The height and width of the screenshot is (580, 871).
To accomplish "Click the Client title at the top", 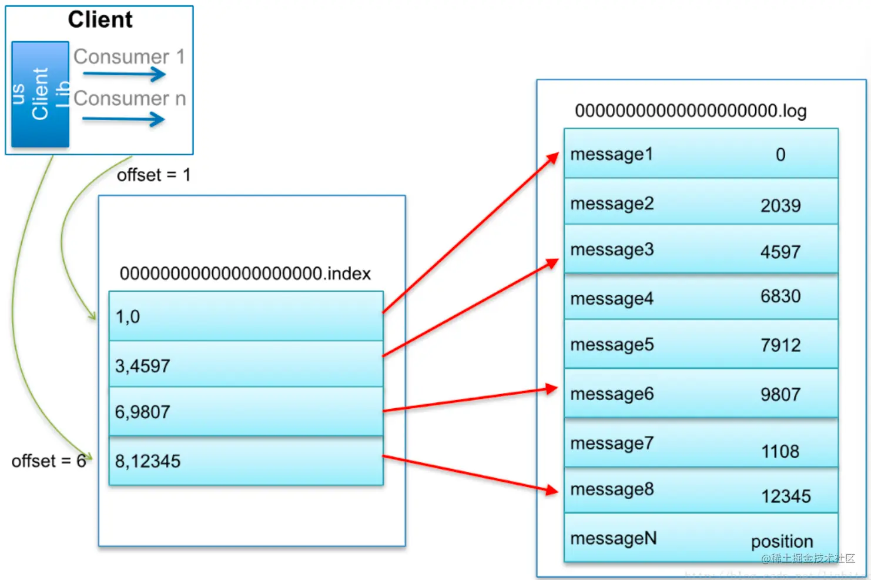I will [x=100, y=20].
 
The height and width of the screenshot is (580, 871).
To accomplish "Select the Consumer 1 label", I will [x=129, y=56].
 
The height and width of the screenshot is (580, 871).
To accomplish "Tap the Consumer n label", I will [x=129, y=98].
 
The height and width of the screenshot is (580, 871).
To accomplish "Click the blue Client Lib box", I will [x=40, y=94].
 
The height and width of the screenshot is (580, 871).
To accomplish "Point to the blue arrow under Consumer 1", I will [x=124, y=74].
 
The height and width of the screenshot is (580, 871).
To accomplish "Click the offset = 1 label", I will [x=153, y=175].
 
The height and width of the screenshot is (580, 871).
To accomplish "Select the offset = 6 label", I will [x=48, y=461].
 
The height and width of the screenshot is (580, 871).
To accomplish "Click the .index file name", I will [x=245, y=274].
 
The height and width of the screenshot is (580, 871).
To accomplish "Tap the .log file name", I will [x=690, y=111].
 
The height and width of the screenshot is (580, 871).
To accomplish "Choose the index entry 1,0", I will [x=128, y=317].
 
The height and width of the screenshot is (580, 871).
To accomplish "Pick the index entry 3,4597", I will [x=142, y=366].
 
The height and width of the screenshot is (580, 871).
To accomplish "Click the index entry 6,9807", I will [x=142, y=412].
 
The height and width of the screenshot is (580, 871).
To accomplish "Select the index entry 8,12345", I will [x=148, y=461].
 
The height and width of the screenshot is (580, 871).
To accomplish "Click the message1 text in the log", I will [x=611, y=154].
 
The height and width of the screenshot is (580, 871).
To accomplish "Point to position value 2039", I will [x=780, y=206].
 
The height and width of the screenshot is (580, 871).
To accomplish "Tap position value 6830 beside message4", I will [x=780, y=296].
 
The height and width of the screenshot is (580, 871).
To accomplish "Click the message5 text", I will [x=611, y=345].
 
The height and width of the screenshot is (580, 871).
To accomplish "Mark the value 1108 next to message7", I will [x=780, y=452].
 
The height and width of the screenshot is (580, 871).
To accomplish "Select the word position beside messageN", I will [x=782, y=541].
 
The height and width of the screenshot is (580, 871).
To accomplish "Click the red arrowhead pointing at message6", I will [x=551, y=389].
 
